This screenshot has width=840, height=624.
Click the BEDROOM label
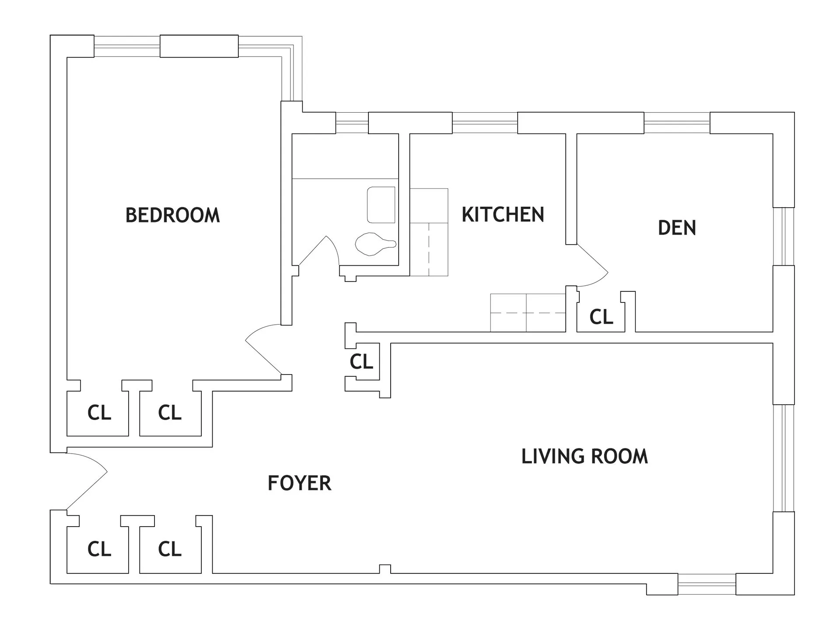point(172,215)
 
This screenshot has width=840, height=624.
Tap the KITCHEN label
point(503,215)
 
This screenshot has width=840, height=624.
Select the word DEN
point(677,228)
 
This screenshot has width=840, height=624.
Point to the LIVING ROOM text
point(584,456)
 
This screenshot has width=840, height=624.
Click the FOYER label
point(299,483)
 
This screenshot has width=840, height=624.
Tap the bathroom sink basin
point(381,205)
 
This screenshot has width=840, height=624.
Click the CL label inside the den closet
point(601,317)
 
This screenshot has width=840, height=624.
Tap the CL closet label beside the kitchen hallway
point(361,362)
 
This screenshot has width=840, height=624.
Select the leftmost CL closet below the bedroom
point(99,413)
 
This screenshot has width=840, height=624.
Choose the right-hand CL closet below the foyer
point(169,549)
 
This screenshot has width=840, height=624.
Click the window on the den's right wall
point(783,236)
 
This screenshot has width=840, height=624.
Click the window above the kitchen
point(484,123)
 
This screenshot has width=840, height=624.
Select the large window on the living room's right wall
point(783,458)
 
